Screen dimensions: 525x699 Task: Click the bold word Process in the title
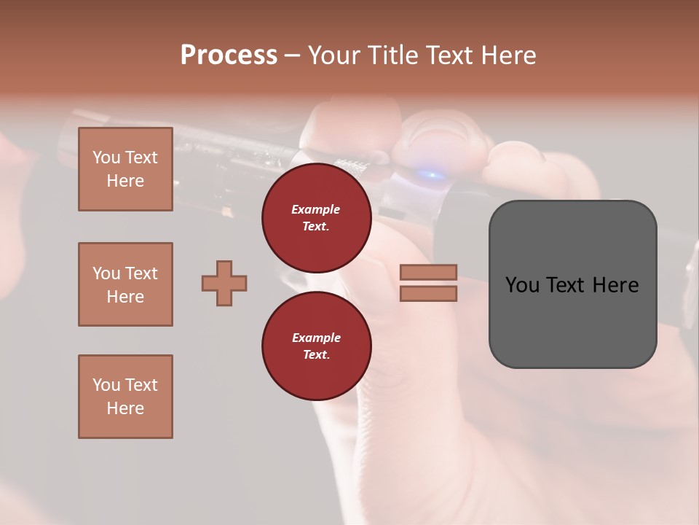pyautogui.click(x=229, y=55)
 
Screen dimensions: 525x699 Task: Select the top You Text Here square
pyautogui.click(x=125, y=169)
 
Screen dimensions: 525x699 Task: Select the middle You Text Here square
pyautogui.click(x=125, y=284)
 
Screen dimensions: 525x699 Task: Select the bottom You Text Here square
pyautogui.click(x=125, y=397)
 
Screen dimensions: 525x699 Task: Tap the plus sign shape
pyautogui.click(x=224, y=282)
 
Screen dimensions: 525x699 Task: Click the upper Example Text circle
pyautogui.click(x=316, y=218)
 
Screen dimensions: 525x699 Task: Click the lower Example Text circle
pyautogui.click(x=316, y=346)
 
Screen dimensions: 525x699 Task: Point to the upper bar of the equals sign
pyautogui.click(x=428, y=273)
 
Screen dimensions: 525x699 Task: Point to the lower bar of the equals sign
pyautogui.click(x=428, y=293)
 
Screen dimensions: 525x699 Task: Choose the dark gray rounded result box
pyautogui.click(x=572, y=284)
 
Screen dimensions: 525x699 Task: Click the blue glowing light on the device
pyautogui.click(x=431, y=175)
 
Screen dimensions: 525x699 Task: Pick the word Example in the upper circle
pyautogui.click(x=316, y=210)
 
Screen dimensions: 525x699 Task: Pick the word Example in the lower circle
pyautogui.click(x=316, y=338)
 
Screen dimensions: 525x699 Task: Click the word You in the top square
pyautogui.click(x=106, y=157)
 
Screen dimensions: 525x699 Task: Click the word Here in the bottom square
pyautogui.click(x=125, y=408)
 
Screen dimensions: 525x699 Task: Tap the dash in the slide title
pyautogui.click(x=292, y=56)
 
